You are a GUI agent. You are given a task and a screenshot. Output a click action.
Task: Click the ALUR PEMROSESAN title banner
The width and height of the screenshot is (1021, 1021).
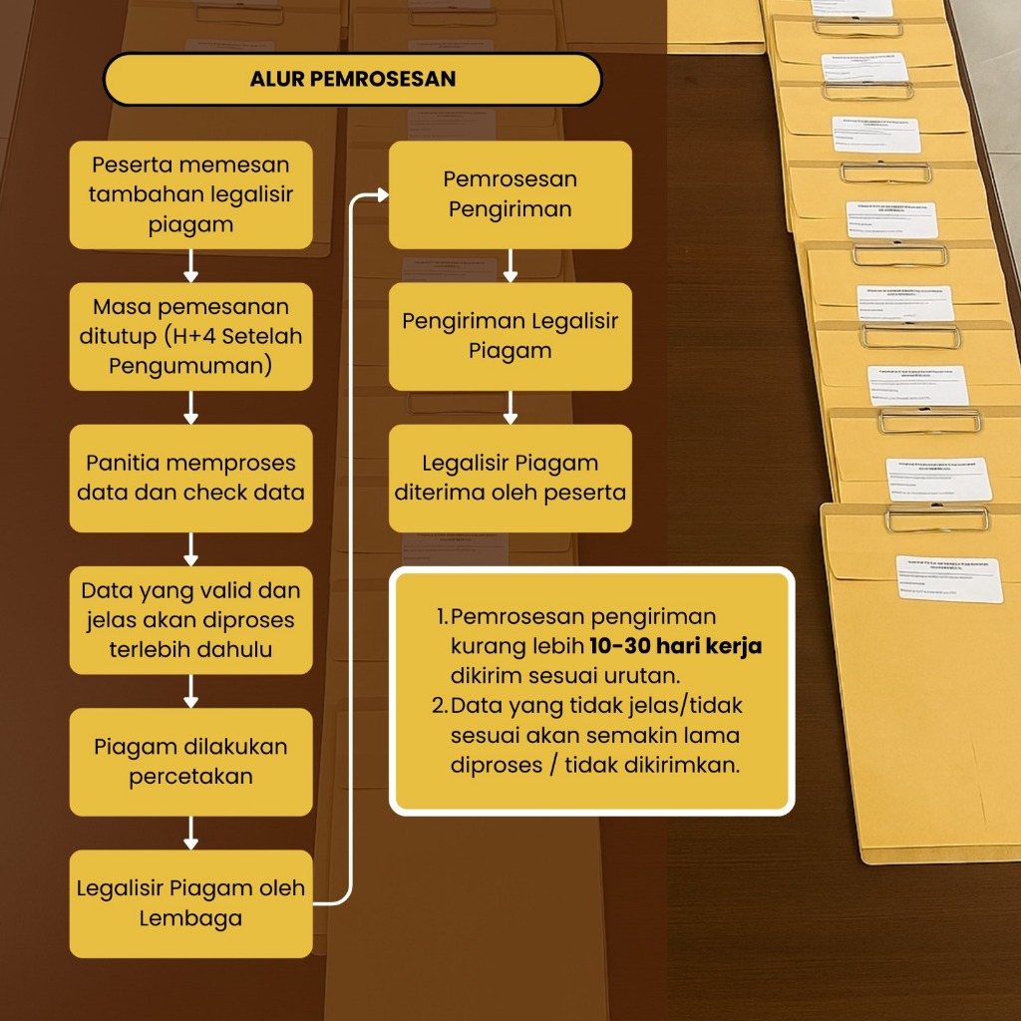point(352,80)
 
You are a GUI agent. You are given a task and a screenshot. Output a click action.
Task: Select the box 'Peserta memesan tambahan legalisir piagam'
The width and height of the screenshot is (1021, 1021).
point(190,194)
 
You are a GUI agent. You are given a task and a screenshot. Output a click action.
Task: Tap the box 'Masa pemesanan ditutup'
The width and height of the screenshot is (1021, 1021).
point(190,336)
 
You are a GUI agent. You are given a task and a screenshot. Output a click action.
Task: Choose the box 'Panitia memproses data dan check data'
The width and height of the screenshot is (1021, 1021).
point(190,478)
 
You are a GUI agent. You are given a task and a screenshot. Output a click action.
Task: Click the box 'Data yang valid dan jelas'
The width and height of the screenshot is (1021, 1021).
point(190,619)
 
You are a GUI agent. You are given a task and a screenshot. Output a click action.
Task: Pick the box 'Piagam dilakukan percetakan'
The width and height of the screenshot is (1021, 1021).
point(190,761)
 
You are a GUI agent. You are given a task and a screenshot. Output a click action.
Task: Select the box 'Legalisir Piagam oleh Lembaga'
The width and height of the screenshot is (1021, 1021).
point(190,902)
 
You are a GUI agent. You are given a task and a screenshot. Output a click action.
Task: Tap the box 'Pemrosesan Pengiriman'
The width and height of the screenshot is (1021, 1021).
point(510,194)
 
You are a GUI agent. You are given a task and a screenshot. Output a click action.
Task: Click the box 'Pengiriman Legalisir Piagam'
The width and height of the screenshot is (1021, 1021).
point(510,336)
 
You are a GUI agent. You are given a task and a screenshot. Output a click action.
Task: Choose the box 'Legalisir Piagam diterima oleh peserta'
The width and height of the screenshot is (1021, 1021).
point(510,478)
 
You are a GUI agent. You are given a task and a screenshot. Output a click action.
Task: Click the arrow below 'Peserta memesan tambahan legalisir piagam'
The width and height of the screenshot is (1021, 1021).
point(191,265)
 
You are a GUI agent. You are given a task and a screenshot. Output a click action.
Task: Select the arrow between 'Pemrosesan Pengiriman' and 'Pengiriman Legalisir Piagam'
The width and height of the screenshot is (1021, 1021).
point(510,265)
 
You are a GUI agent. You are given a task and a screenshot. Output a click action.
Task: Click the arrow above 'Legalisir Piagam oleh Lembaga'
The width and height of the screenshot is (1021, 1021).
point(191,832)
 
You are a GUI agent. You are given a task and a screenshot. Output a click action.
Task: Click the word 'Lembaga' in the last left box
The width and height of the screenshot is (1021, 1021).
point(190,917)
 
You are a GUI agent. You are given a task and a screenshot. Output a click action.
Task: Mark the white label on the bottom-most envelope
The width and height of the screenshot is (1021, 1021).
point(948,578)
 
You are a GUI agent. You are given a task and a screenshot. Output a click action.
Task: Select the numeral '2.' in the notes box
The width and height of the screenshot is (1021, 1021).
point(440,705)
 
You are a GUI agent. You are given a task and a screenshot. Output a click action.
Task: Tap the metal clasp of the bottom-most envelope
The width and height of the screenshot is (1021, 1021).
point(936,518)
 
